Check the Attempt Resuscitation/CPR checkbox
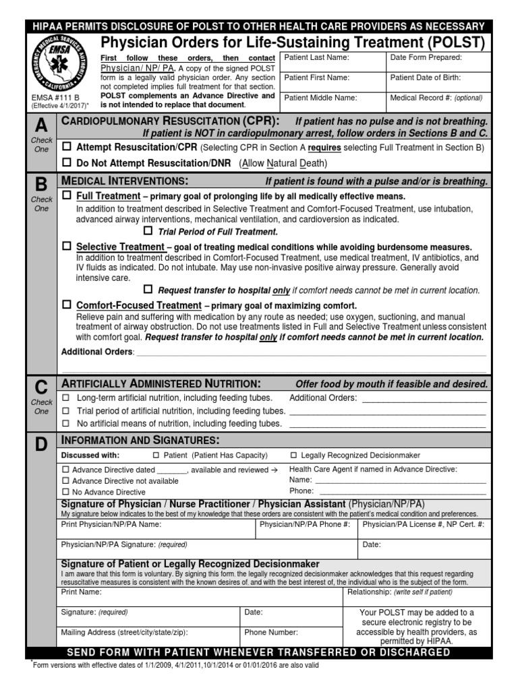pos(67,146)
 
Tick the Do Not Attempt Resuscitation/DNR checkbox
pos(67,163)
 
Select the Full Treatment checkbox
pos(67,195)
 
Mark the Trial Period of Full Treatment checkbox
pos(148,231)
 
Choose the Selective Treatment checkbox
pos(67,247)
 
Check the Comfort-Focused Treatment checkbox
pos(67,305)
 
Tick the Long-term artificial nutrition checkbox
pos(66,398)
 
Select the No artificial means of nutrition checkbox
pos(66,424)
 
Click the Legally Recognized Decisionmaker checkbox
pos(293,456)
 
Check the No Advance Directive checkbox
pos(65,492)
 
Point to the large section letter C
pos(41,387)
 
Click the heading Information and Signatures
pos(140,440)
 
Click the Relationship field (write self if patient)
pos(414,597)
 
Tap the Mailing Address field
pos(148,637)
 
